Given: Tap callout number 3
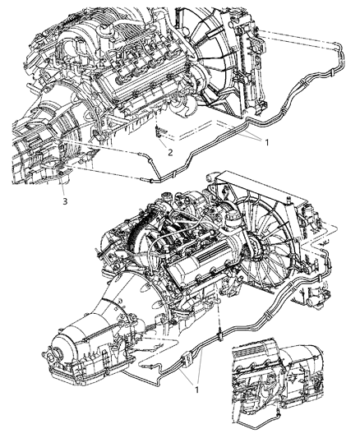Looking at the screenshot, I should pyautogui.click(x=63, y=198).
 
